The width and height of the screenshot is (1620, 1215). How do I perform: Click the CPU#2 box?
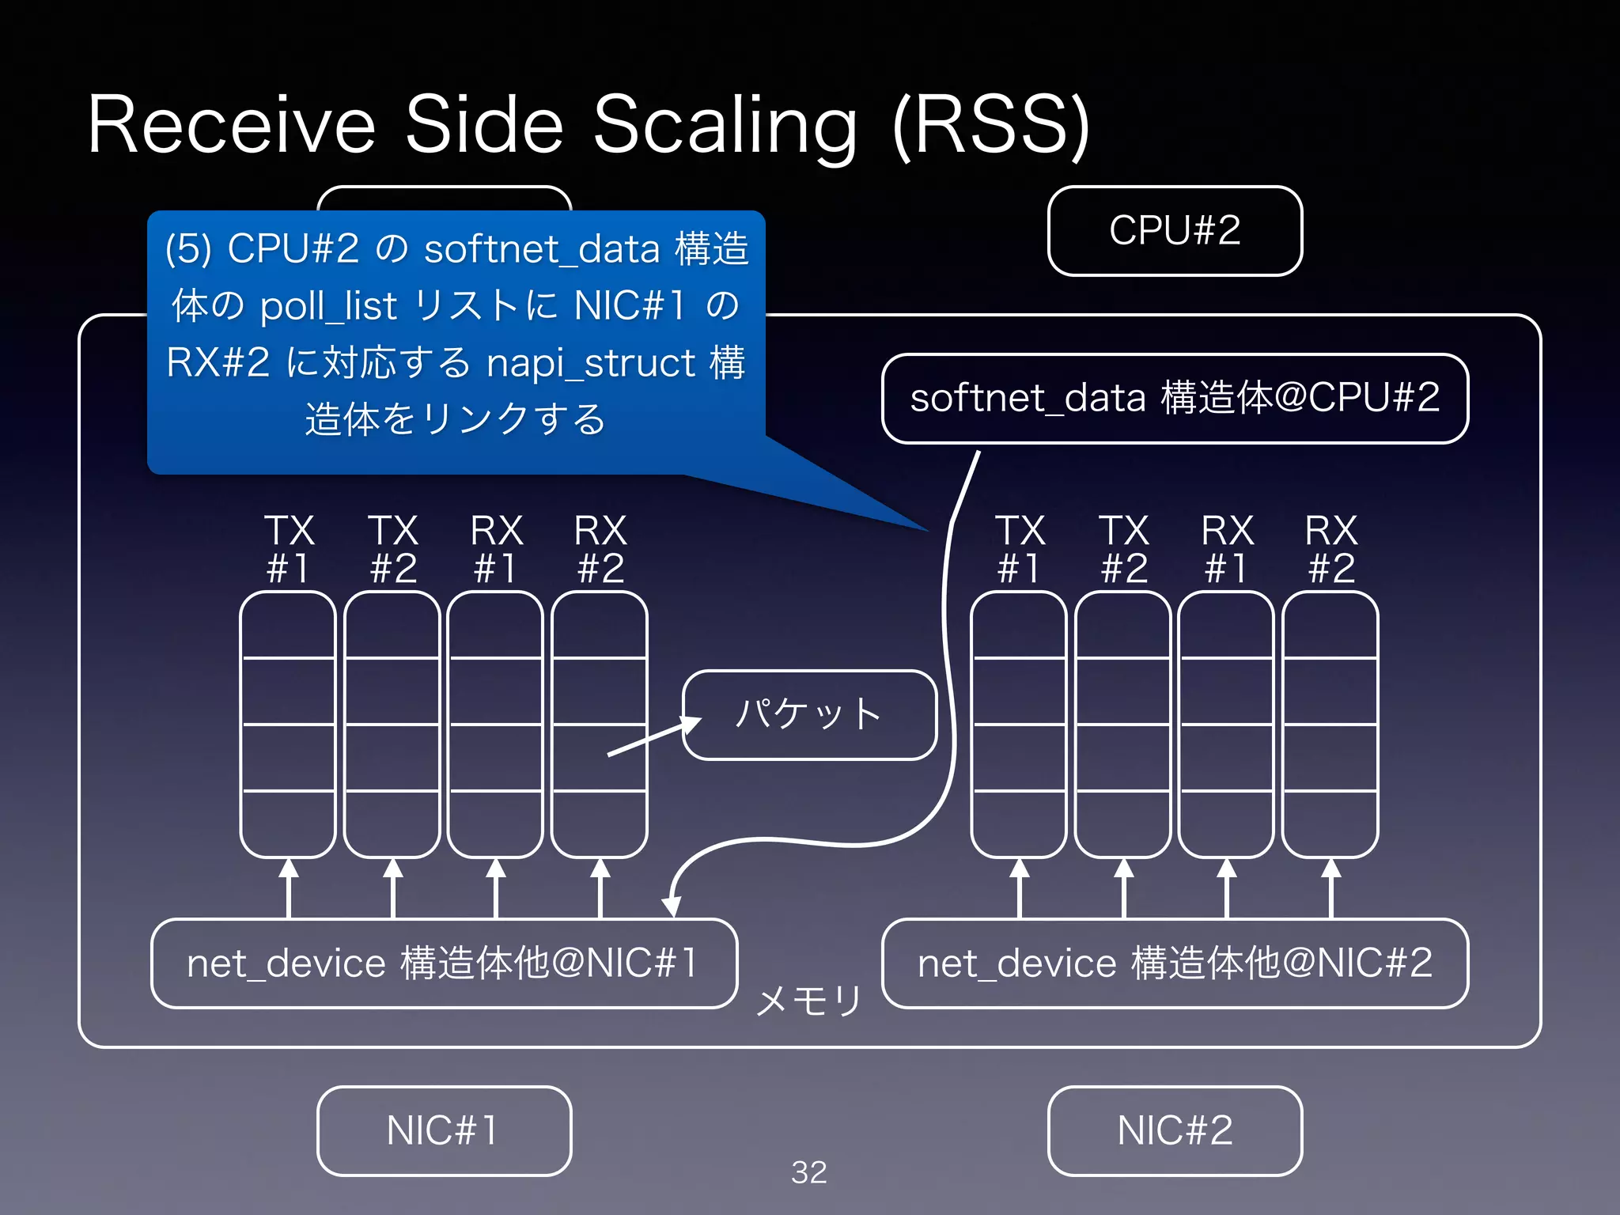tap(1175, 231)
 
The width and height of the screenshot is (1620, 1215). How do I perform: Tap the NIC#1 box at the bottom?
tap(444, 1130)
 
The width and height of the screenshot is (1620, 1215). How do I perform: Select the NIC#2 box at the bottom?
tap(1175, 1130)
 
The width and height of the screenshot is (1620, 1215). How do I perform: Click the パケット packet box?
tap(809, 715)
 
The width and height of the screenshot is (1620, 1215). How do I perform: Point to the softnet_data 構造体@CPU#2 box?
tap(1175, 398)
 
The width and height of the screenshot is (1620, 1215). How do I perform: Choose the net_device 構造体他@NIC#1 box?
tap(444, 963)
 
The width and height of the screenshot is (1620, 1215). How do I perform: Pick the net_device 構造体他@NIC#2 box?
tap(1175, 963)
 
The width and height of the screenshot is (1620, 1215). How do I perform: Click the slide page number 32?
tap(809, 1172)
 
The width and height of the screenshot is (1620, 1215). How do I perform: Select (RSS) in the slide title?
tap(991, 127)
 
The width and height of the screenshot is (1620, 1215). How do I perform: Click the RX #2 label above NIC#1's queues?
tap(600, 549)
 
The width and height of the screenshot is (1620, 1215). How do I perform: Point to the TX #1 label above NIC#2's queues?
tap(1020, 549)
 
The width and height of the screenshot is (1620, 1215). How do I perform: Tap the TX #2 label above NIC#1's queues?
tap(393, 549)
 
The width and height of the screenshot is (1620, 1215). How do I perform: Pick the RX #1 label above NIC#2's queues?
tap(1227, 549)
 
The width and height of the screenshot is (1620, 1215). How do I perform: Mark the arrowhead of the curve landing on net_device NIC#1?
tap(672, 907)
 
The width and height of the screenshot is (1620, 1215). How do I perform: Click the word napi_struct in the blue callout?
tap(592, 364)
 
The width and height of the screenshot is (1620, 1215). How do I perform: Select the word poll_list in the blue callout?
tap(328, 307)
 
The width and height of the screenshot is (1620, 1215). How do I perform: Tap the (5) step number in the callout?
tap(188, 250)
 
